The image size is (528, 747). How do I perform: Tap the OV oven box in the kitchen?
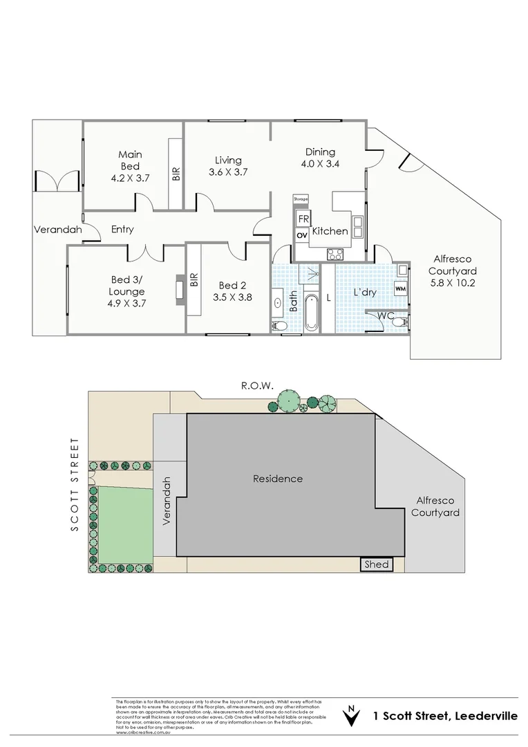tap(302, 235)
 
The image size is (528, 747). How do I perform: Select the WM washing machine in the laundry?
tap(400, 287)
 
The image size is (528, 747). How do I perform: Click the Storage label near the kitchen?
tap(300, 199)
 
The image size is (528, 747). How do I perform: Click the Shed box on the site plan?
tap(377, 565)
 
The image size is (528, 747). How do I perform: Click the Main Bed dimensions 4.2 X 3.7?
tap(129, 178)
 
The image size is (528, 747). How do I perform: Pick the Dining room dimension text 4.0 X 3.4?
tap(320, 164)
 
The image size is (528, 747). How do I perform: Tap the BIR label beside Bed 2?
tap(194, 279)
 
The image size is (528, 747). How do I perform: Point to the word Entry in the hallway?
tap(122, 230)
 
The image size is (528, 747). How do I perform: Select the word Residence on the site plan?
tap(277, 479)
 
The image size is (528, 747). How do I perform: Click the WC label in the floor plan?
tap(386, 315)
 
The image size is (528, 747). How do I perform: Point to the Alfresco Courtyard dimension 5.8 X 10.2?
tap(453, 282)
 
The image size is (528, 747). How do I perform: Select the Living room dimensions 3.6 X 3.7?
tap(228, 172)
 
